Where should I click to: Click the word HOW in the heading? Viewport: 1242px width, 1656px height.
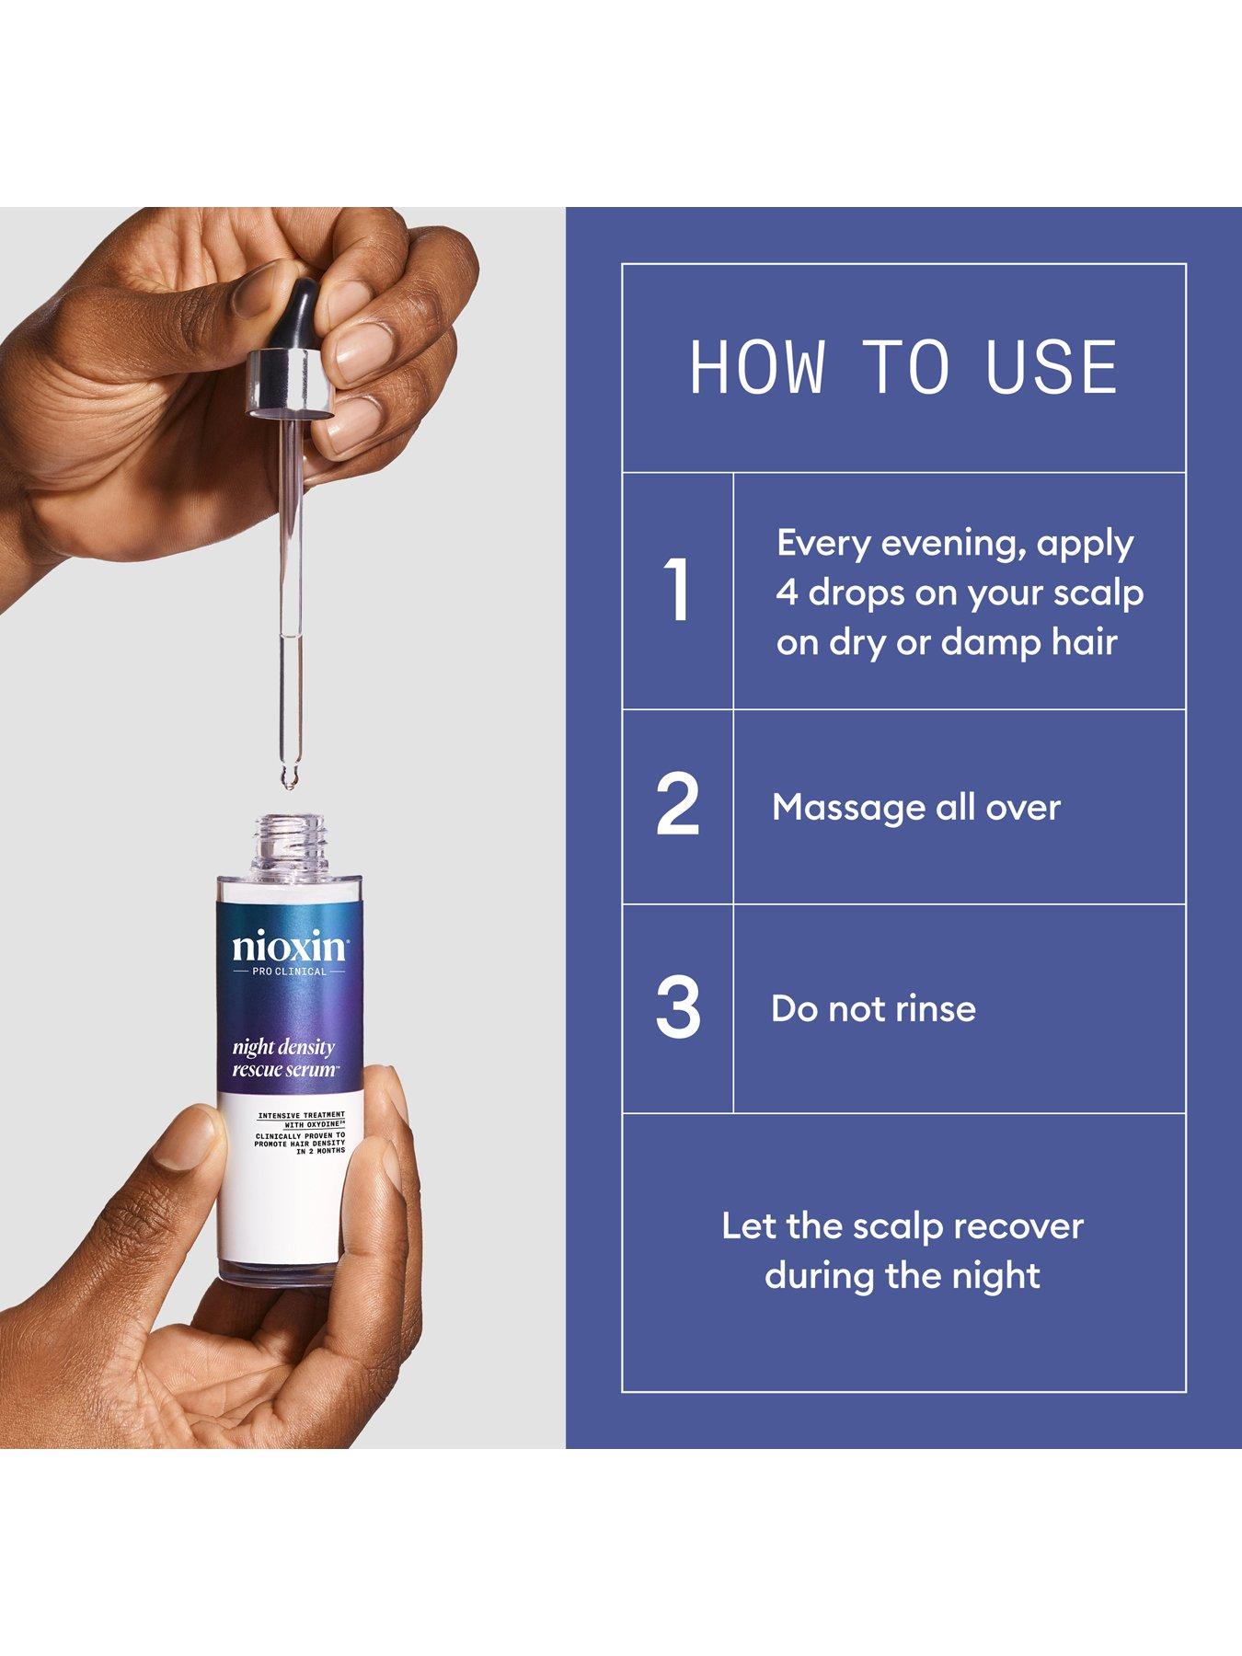pyautogui.click(x=757, y=368)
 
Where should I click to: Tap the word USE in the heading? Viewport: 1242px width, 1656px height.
pyautogui.click(x=1051, y=368)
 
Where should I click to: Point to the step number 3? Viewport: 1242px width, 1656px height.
pyautogui.click(x=678, y=1007)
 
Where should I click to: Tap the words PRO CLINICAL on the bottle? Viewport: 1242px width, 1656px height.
pyautogui.click(x=289, y=972)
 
